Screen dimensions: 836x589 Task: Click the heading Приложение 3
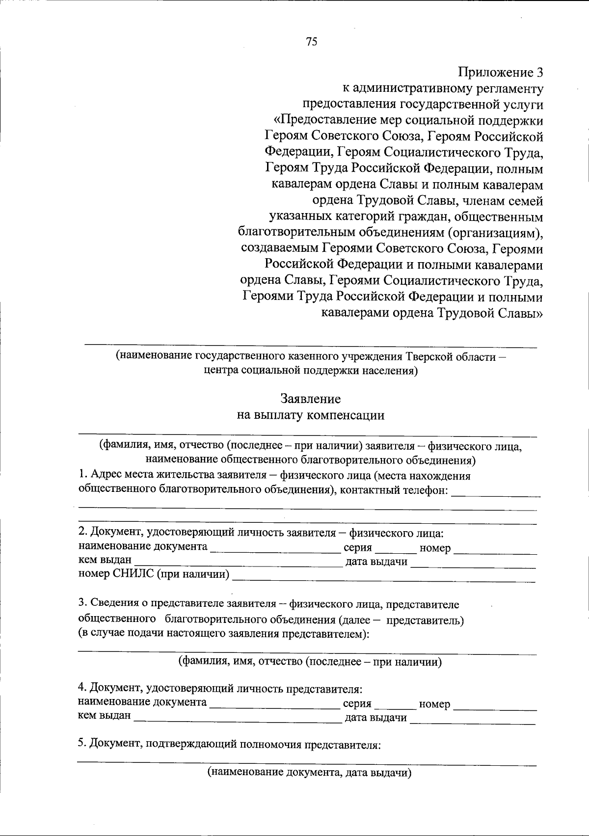[501, 73]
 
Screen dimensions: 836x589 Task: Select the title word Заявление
[310, 399]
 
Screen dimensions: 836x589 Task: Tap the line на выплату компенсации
[310, 415]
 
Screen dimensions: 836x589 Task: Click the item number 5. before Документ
[82, 744]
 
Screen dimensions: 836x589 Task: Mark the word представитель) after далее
[425, 620]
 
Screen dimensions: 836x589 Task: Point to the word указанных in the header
[300, 216]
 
